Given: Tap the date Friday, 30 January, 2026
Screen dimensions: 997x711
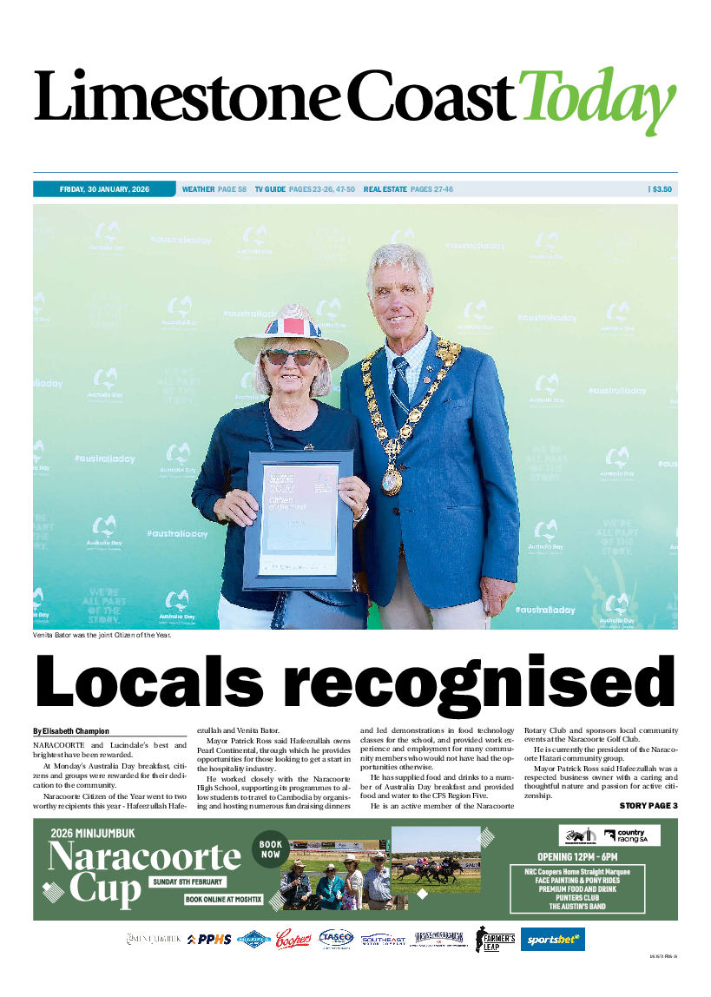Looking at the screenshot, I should (x=104, y=189).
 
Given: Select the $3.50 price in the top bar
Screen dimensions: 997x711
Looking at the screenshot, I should (x=662, y=189).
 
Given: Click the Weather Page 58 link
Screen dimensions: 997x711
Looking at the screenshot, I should (x=214, y=189).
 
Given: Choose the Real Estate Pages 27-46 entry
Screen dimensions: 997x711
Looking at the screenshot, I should (x=408, y=189).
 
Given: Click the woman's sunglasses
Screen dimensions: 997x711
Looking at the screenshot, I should (x=290, y=357).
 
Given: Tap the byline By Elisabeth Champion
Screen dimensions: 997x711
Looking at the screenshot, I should (x=72, y=731).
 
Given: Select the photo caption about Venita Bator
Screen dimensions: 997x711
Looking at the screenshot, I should (x=102, y=635).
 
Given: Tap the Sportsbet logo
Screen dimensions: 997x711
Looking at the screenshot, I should (x=552, y=939).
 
